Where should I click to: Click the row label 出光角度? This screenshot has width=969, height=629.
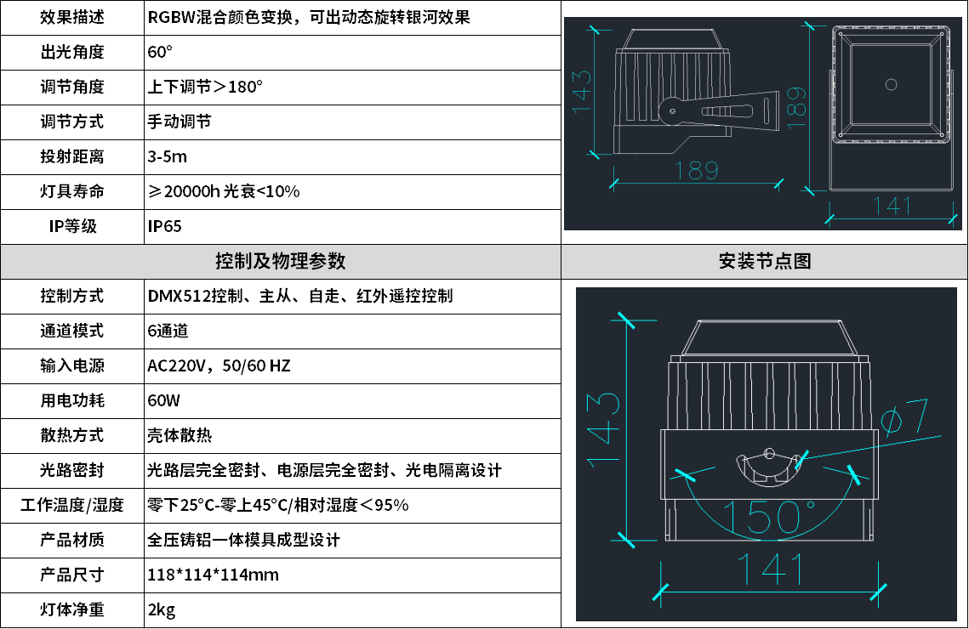coord(72,52)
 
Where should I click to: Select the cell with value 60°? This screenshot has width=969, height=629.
coord(160,52)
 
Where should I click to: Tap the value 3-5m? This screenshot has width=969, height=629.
coord(167,156)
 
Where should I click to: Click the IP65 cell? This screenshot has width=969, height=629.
coord(164,226)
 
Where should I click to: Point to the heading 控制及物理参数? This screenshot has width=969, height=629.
coord(281,261)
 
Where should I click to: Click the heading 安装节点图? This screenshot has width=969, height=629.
coord(764,261)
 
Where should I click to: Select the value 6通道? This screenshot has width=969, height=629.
coord(168,331)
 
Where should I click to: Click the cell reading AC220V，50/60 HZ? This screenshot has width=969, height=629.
coord(219,365)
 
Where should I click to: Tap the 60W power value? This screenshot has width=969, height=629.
coord(164,400)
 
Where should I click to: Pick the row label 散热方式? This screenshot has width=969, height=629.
coord(72,435)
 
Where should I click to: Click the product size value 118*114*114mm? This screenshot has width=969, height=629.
coord(214,575)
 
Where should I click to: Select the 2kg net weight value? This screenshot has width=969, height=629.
coord(162,609)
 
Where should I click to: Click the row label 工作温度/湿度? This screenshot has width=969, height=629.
coord(72,505)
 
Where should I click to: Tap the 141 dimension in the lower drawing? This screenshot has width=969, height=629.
coord(770,569)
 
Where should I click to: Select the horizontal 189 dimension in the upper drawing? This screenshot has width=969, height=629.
coord(697,170)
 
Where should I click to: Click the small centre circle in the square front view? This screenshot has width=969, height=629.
coord(891,84)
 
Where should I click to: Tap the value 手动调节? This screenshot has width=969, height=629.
coord(180,122)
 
